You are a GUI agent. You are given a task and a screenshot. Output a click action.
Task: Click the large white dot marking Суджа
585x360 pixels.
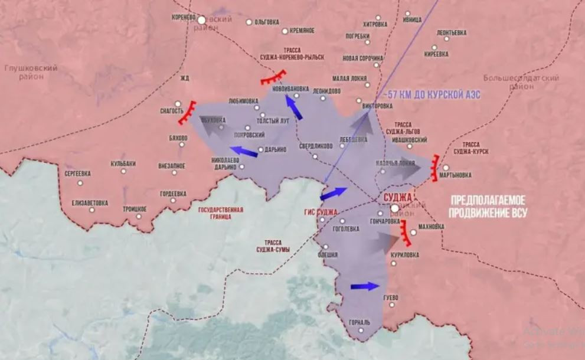(395, 208)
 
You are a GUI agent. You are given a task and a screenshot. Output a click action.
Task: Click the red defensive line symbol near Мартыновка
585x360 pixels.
(436, 168)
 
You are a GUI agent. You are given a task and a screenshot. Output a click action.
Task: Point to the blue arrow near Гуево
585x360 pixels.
(364, 287)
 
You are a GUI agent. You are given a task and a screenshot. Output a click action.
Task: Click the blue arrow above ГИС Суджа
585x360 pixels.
(334, 194)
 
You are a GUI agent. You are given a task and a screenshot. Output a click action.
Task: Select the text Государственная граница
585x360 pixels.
(221, 213)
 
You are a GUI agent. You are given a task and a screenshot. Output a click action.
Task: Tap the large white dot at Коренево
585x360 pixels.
(201, 19)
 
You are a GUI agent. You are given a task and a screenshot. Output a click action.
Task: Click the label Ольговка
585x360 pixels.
(266, 22)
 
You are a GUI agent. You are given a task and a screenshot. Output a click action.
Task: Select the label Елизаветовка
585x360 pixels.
(90, 203)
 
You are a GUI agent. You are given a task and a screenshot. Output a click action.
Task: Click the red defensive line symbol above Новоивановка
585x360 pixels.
(273, 78)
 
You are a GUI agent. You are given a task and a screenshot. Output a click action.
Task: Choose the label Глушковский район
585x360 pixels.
(31, 72)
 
